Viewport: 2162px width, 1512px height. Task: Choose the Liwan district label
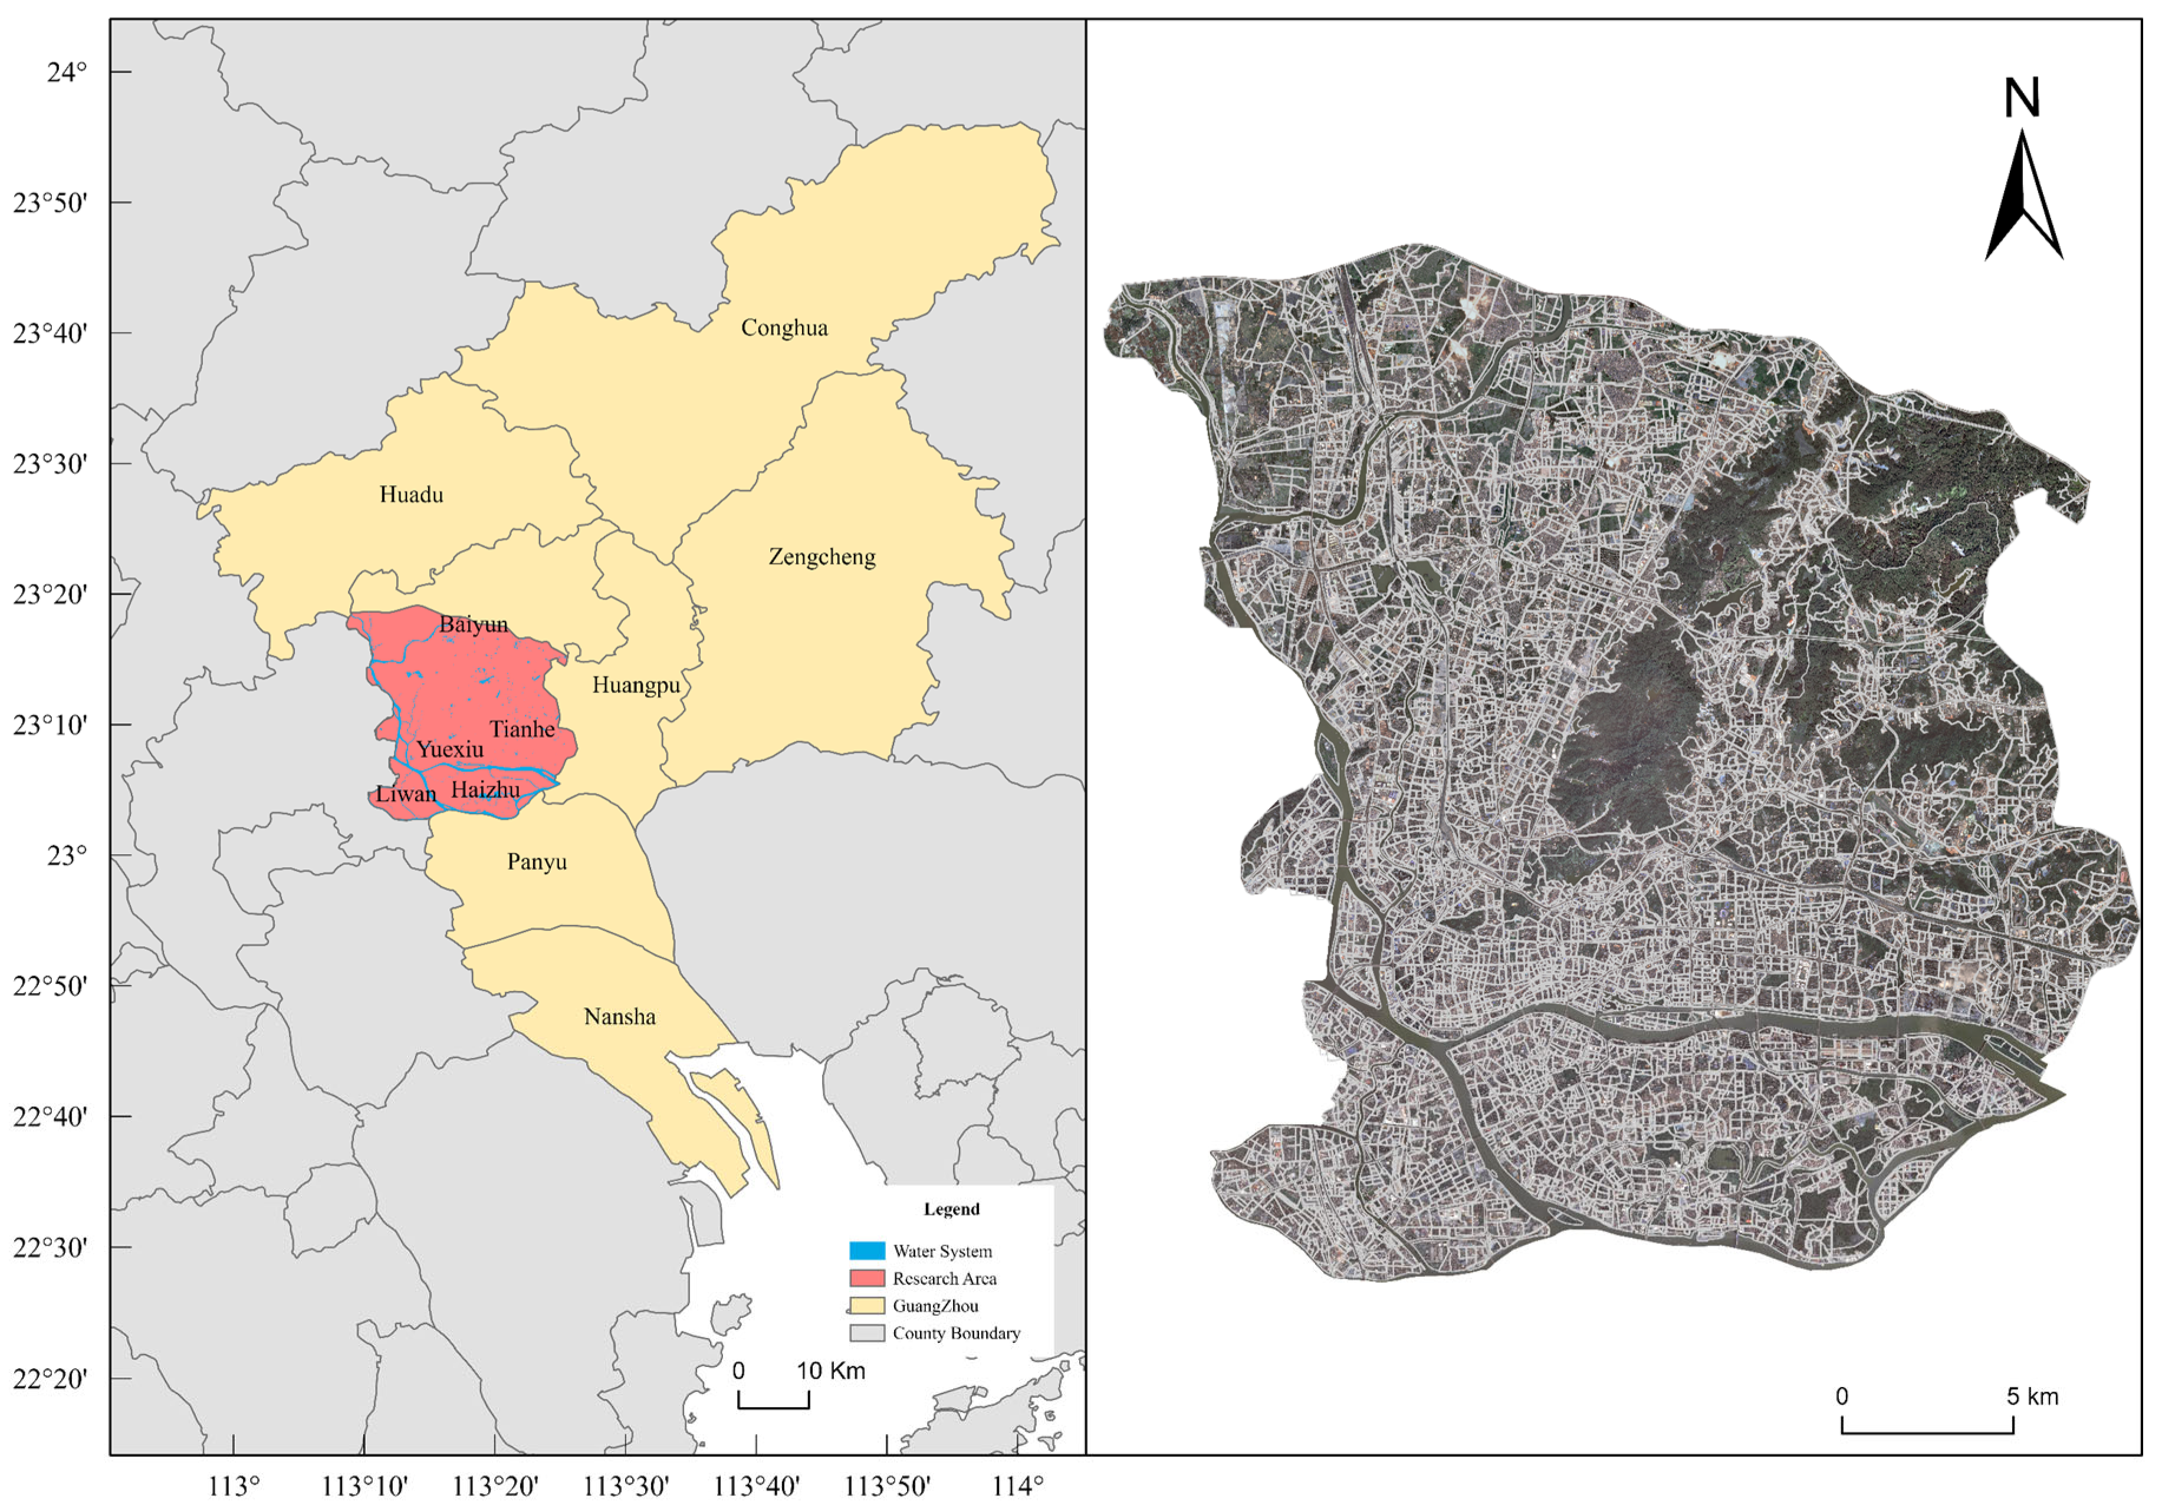(406, 793)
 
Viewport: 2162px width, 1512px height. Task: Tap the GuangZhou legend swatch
(866, 1306)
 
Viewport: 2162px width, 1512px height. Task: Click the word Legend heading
(951, 1209)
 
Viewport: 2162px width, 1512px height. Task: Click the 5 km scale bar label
(2032, 1396)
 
